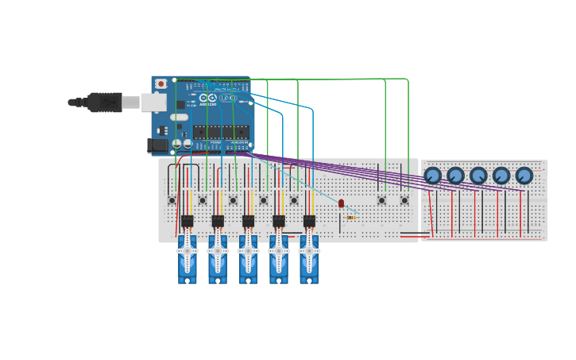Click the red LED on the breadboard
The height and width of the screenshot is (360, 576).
pos(342,203)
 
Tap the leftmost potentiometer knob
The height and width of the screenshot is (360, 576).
pos(432,176)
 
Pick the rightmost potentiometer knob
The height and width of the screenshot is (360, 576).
pos(524,176)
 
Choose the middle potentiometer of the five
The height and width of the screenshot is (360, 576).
pos(478,176)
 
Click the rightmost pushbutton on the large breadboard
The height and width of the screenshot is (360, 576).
pos(404,200)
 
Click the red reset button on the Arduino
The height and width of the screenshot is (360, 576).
pos(161,83)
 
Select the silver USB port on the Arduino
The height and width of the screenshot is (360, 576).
pos(154,102)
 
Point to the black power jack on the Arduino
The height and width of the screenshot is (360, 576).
pos(157,145)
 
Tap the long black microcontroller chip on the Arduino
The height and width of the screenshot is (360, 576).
pos(213,132)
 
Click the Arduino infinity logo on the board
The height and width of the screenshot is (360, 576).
pos(208,98)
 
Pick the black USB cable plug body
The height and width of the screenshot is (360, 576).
pos(104,102)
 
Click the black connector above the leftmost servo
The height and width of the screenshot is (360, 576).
pos(187,221)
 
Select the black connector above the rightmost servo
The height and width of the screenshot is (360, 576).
pos(309,221)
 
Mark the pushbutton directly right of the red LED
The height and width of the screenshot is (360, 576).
pos(381,200)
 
